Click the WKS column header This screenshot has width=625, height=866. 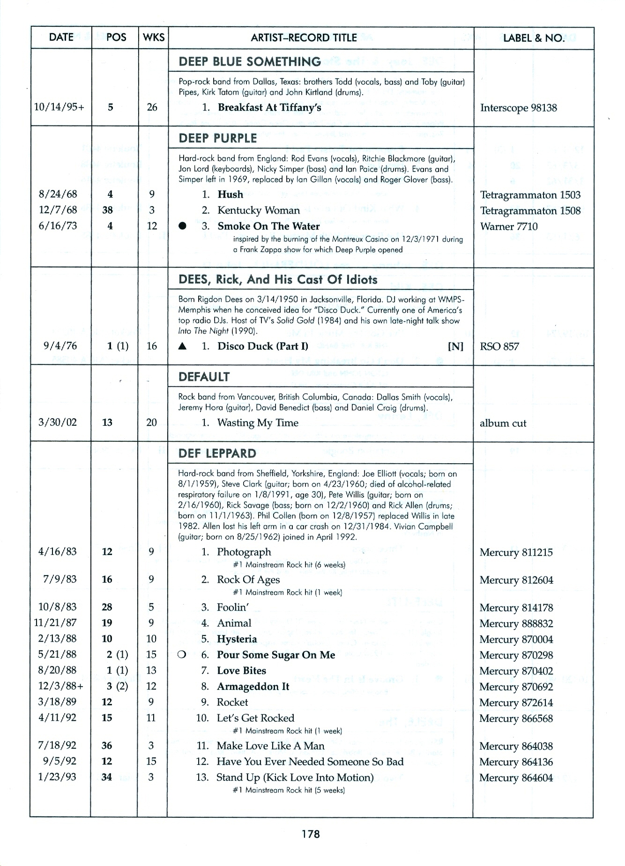pyautogui.click(x=153, y=37)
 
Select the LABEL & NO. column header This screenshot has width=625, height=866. pyautogui.click(x=534, y=38)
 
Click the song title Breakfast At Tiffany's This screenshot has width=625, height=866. pyautogui.click(x=269, y=107)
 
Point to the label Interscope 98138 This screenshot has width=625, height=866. pyautogui.click(x=518, y=108)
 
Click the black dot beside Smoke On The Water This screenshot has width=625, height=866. pyautogui.click(x=183, y=226)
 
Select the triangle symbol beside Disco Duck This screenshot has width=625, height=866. pyautogui.click(x=183, y=347)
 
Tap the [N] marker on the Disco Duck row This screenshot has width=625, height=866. pyautogui.click(x=455, y=347)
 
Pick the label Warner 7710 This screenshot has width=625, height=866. pyautogui.click(x=509, y=227)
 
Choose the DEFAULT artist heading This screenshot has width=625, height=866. pyautogui.click(x=204, y=377)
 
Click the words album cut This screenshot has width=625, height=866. pyautogui.click(x=503, y=423)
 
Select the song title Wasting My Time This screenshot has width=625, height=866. pyautogui.click(x=258, y=423)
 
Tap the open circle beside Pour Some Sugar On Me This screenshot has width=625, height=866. pyautogui.click(x=182, y=655)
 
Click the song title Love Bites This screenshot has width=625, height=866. pyautogui.click(x=241, y=671)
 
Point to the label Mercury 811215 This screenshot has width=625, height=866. pyautogui.click(x=516, y=553)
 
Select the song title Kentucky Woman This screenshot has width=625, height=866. pyautogui.click(x=258, y=210)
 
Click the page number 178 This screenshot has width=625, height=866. pyautogui.click(x=311, y=834)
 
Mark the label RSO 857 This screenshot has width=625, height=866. pyautogui.click(x=499, y=347)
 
